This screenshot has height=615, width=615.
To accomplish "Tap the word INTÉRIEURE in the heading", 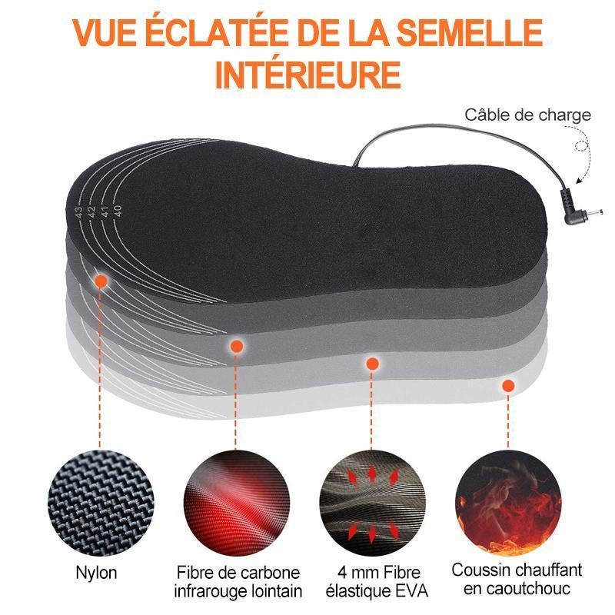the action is coord(308,73).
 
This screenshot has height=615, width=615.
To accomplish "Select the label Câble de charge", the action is coord(527,115).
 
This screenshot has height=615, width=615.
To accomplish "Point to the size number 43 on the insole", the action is coord(79,213).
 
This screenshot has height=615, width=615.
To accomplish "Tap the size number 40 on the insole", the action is coord(117,211).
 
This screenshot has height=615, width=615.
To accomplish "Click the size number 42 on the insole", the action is coord(91,212).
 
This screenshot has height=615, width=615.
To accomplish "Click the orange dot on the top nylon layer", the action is coord(101,281).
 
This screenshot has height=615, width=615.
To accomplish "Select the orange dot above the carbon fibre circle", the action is coord(236,346).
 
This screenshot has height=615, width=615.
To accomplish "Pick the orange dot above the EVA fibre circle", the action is coord(372,364).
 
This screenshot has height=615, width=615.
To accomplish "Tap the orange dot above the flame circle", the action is coord(508,386).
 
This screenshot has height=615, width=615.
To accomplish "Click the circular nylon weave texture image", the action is coord(101,504).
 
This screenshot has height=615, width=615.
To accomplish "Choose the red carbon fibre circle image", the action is coord(237,504).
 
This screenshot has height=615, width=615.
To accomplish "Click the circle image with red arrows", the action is coord(372,504).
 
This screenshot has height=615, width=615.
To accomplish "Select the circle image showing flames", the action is coord(508,504).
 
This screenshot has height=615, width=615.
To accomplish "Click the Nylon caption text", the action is coord(96,573).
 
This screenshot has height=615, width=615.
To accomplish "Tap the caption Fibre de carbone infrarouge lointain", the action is coord(238,582).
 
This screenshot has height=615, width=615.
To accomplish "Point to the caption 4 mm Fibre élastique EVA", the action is coord(377,582).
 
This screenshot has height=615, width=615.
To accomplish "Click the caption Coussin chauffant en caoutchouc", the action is coord(517,580).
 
